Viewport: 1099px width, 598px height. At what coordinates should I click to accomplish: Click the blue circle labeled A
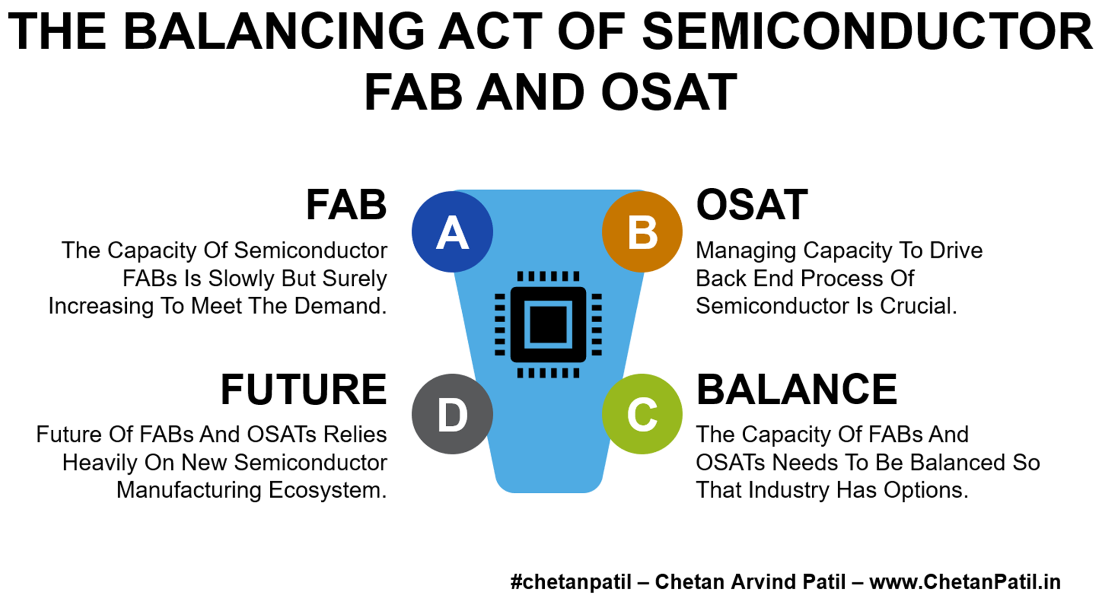click(x=452, y=232)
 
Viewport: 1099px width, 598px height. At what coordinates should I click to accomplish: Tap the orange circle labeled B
click(x=642, y=232)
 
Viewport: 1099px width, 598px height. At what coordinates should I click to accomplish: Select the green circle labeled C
click(x=642, y=414)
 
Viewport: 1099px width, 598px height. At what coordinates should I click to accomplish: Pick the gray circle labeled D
click(x=452, y=414)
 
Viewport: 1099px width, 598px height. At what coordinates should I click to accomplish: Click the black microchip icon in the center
click(x=548, y=325)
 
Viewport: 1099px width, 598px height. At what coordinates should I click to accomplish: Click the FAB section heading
click(x=346, y=205)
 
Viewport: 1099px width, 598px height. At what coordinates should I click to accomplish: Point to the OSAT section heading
click(x=752, y=205)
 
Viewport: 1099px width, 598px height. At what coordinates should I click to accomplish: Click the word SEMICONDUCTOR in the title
click(x=867, y=31)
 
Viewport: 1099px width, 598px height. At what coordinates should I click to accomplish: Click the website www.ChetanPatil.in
click(x=965, y=582)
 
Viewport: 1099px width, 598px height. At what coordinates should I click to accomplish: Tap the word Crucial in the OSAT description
click(x=918, y=306)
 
